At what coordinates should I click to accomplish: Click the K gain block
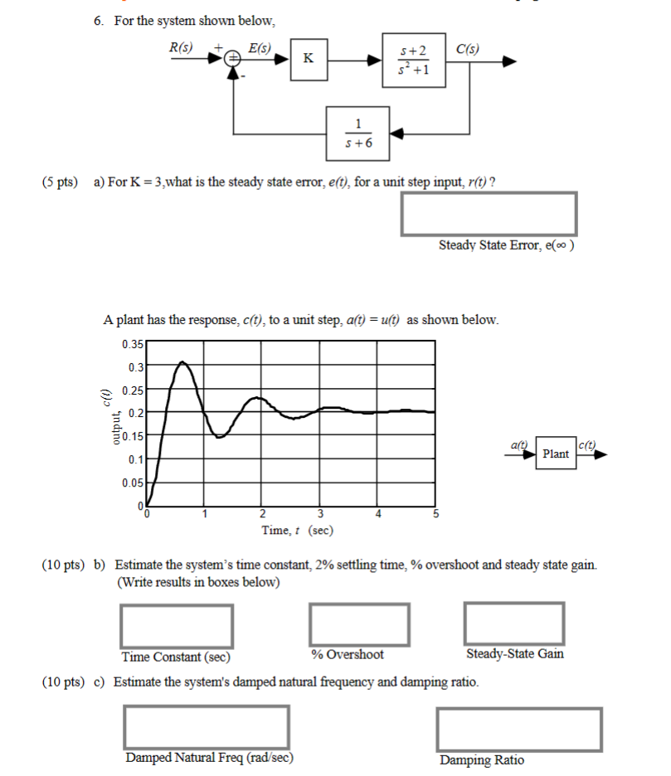click(x=309, y=59)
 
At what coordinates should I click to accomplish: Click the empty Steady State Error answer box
click(x=489, y=214)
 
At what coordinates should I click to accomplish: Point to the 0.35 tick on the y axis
click(x=132, y=343)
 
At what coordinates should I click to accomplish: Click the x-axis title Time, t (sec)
click(x=298, y=531)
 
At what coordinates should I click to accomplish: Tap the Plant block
click(x=555, y=453)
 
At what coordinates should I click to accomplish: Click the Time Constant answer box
click(x=177, y=626)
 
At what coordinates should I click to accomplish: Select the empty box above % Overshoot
click(x=360, y=625)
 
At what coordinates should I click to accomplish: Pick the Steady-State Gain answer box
click(x=514, y=623)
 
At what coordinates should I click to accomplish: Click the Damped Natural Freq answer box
click(x=207, y=727)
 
